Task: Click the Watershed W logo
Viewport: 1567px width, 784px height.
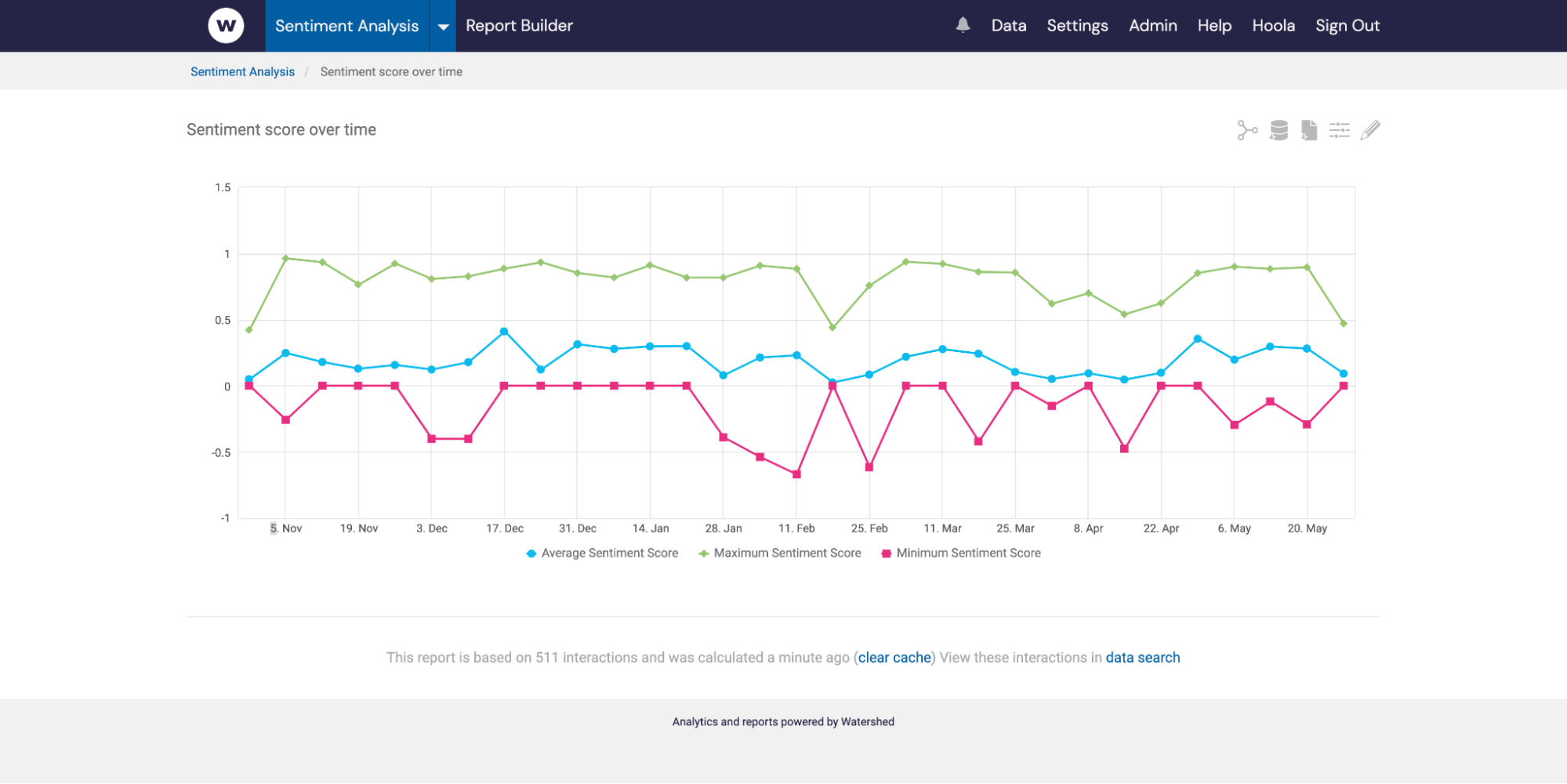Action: coord(226,26)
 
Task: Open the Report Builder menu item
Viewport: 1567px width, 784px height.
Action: coord(519,26)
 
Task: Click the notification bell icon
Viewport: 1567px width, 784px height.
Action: coord(963,25)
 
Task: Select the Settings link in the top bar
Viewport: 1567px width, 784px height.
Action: coord(1077,26)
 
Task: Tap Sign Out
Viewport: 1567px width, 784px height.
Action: coord(1347,26)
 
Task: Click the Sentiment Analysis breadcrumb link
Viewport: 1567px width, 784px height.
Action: coord(242,71)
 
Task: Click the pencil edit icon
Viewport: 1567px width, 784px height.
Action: coord(1369,130)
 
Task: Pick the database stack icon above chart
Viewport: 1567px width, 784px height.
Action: coord(1279,130)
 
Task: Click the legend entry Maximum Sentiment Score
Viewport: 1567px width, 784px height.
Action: coord(786,553)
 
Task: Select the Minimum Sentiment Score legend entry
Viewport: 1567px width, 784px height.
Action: coord(967,553)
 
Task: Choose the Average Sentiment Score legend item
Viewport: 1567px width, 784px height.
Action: coord(609,553)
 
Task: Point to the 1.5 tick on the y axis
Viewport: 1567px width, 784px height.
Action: coord(223,187)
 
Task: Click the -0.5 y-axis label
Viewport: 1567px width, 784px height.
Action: coord(221,452)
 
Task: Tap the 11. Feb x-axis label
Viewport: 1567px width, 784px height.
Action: coord(796,528)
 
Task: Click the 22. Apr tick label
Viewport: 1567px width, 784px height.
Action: coord(1161,528)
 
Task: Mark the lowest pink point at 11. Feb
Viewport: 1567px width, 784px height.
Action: coord(796,474)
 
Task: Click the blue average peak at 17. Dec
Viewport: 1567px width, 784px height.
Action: coord(504,332)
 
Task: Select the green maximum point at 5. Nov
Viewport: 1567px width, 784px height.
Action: coord(285,258)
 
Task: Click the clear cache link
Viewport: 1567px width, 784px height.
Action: coord(894,657)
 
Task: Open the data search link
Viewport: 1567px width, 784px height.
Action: coord(1142,657)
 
